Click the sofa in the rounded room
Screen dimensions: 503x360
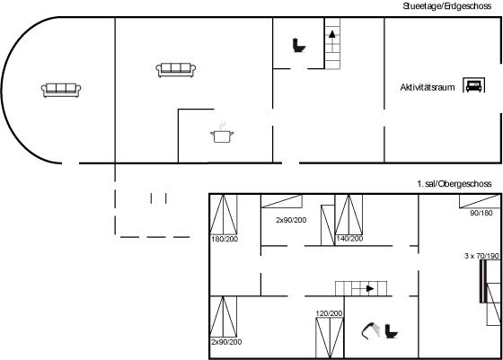coord(61,90)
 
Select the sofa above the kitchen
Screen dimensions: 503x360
coord(176,70)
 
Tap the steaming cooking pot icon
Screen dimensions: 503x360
coord(222,132)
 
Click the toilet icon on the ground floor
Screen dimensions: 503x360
coord(298,45)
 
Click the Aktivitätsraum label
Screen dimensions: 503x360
coord(428,87)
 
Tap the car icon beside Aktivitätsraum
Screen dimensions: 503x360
coord(474,85)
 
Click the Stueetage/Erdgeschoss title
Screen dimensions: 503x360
coord(447,6)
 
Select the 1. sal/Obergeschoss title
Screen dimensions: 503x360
coord(454,184)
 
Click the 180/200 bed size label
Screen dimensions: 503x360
coord(225,239)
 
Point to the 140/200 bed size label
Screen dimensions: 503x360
coord(349,239)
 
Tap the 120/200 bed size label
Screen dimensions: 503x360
coord(329,313)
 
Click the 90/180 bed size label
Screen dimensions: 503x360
coord(481,213)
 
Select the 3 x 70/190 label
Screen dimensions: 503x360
coord(481,256)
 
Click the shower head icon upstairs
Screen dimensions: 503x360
coord(371,330)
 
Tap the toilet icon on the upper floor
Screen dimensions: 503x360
coord(392,331)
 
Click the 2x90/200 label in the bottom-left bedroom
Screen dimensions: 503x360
coord(226,342)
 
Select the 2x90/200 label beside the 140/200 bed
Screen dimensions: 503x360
coord(291,220)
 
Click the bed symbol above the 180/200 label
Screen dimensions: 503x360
coord(224,215)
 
